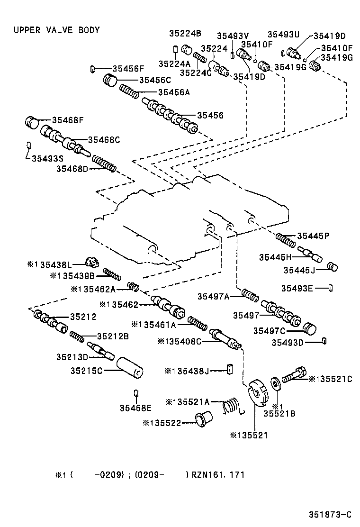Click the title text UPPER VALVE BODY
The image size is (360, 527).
pyautogui.click(x=56, y=30)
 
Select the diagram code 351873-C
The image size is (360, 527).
pyautogui.click(x=330, y=515)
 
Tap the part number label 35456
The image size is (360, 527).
pyautogui.click(x=210, y=115)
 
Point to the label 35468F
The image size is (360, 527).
pyautogui.click(x=68, y=120)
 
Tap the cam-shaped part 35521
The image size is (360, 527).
pyautogui.click(x=258, y=393)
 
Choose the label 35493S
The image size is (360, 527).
pyautogui.click(x=48, y=158)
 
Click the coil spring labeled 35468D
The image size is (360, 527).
pyautogui.click(x=104, y=164)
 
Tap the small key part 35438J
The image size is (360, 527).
pyautogui.click(x=229, y=369)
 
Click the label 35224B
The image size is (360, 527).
pyautogui.click(x=185, y=33)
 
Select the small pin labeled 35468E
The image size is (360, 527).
pyautogui.click(x=136, y=393)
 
